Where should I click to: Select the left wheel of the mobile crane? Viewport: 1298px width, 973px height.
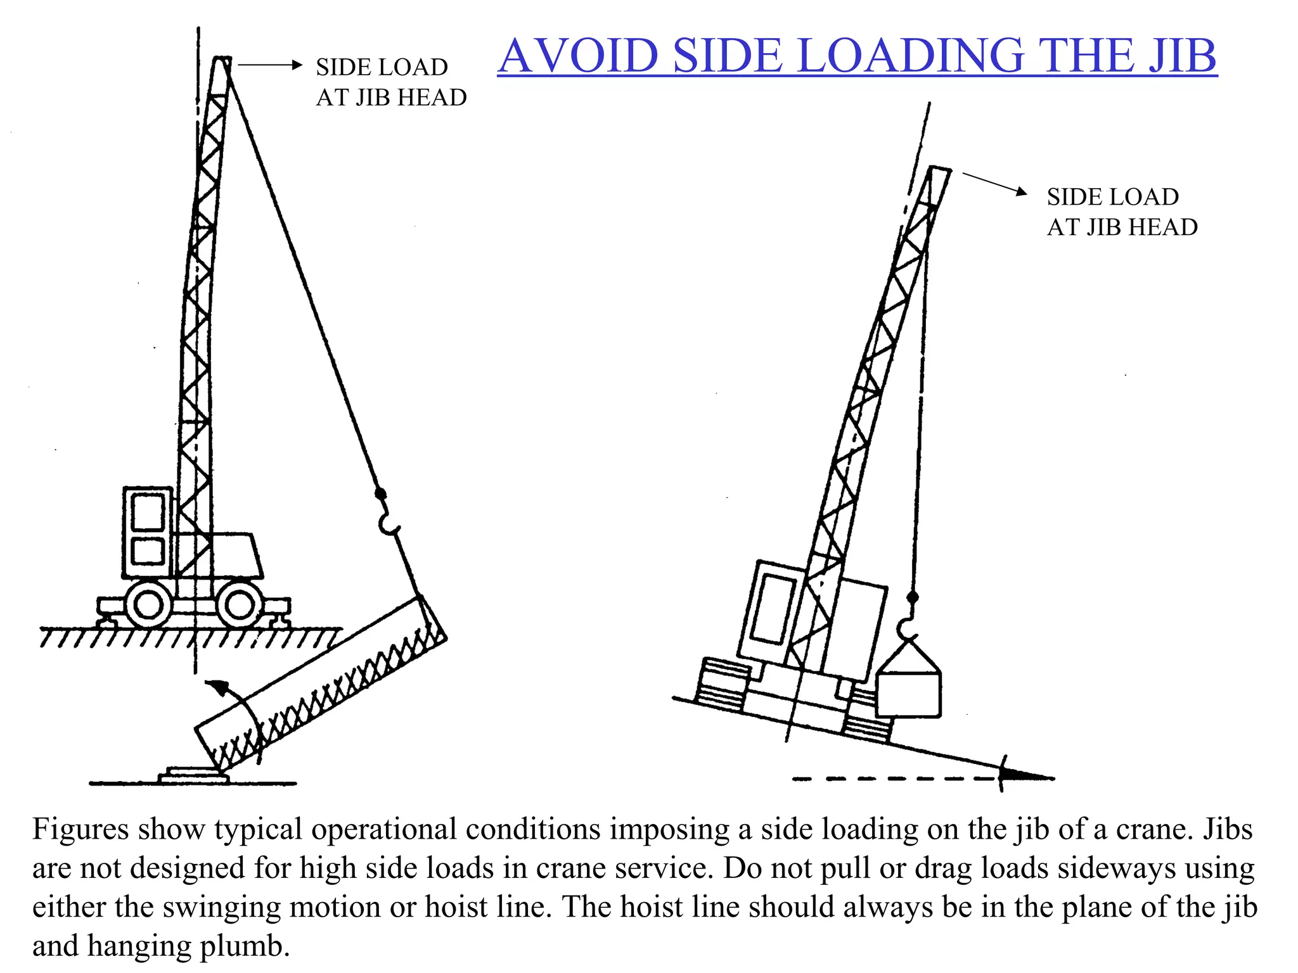pyautogui.click(x=148, y=604)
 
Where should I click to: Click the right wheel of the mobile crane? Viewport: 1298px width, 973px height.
pyautogui.click(x=240, y=604)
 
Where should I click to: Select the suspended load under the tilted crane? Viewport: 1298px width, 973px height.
pyautogui.click(x=909, y=685)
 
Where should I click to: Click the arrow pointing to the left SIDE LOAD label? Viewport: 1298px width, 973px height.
pyautogui.click(x=270, y=65)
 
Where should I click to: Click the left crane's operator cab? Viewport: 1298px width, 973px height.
pyautogui.click(x=148, y=532)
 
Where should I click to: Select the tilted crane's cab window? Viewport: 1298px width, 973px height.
pyautogui.click(x=773, y=608)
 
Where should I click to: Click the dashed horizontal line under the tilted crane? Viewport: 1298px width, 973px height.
pyautogui.click(x=897, y=778)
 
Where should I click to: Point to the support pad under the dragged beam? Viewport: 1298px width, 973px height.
pyautogui.click(x=194, y=775)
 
